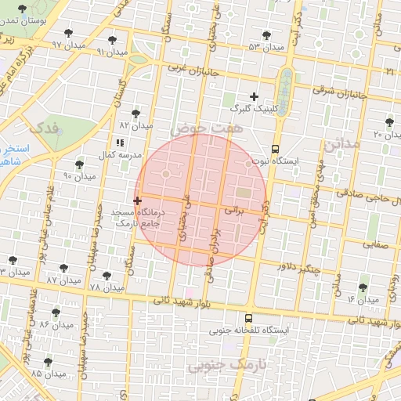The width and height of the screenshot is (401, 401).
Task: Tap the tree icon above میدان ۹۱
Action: point(113,38)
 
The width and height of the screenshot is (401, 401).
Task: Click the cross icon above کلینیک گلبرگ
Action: point(254,96)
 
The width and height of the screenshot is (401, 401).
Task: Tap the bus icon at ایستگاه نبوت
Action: point(275,149)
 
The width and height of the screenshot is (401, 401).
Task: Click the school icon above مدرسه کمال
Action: point(120,143)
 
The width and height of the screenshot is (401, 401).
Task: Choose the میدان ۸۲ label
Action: point(135,125)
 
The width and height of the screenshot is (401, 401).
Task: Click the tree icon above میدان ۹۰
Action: point(79,164)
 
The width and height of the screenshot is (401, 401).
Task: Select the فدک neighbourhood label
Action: point(42,128)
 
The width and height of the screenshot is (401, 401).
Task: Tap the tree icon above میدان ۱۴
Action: point(362,288)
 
